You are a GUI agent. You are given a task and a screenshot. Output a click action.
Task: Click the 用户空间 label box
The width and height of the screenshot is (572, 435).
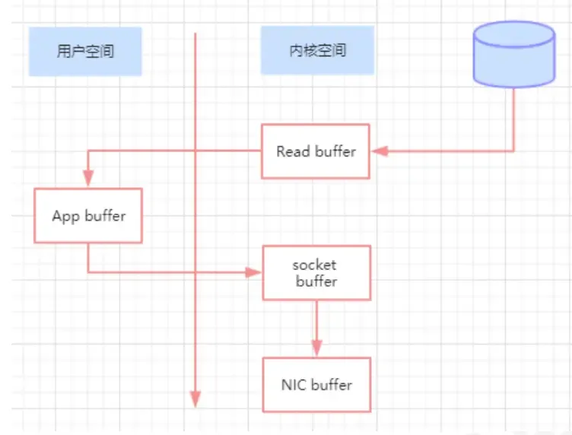pos(85,51)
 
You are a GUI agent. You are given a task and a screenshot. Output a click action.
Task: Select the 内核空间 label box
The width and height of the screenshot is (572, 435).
pos(317,50)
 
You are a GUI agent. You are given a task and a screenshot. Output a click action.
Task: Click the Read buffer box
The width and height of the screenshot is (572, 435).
pos(316,151)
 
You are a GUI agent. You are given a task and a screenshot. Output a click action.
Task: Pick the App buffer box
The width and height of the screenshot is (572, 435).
pos(88,215)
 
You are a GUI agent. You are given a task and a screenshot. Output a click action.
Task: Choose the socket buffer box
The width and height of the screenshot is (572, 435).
pos(316,272)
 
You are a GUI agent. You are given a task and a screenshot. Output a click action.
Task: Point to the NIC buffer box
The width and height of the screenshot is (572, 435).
pos(316,385)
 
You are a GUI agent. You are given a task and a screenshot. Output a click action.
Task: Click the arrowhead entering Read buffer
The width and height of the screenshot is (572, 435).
pos(379,151)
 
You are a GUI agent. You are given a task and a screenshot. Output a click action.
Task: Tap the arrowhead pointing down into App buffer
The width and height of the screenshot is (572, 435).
pos(88,179)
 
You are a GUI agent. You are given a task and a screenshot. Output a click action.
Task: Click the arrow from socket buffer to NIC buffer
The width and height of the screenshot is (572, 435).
pos(316,327)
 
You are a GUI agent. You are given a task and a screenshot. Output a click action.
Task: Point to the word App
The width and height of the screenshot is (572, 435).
pos(66,216)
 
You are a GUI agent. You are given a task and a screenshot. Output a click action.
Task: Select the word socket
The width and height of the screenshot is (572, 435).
pos(314,265)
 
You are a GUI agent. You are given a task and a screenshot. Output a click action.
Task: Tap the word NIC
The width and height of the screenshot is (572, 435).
pos(294,385)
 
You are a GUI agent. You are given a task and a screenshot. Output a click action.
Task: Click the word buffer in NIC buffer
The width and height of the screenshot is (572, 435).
pos(331,385)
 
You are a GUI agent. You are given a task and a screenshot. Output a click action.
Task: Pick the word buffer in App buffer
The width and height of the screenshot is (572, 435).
pos(105,215)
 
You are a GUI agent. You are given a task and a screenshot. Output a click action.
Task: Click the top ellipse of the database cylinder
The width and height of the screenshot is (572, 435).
pos(514,34)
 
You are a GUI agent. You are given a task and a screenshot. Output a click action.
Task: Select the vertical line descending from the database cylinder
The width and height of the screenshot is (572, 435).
pos(514,118)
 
